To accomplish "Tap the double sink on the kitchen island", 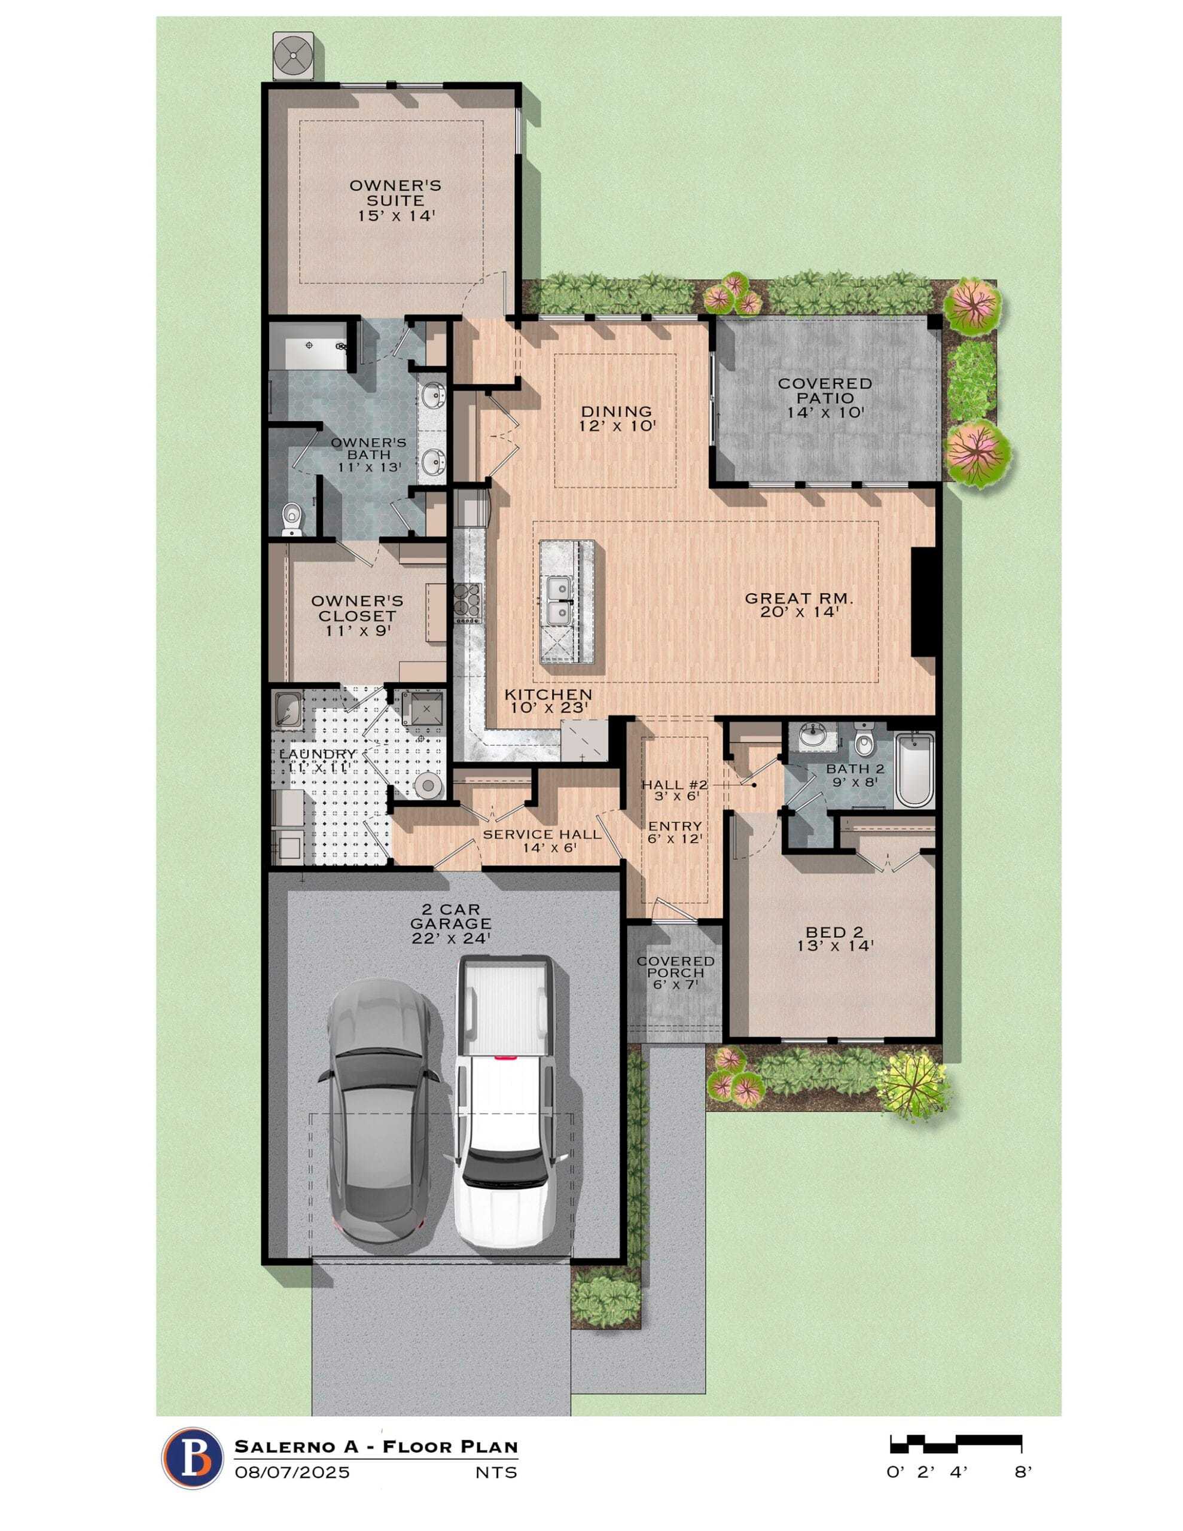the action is coord(558,600).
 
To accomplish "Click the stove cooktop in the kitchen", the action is coord(468,603).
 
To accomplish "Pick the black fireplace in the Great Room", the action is coord(922,602).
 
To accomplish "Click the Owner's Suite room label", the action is coord(395,200).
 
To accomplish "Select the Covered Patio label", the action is coord(825,398).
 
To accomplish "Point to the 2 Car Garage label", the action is coord(450,924).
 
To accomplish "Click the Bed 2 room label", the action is coord(834,939).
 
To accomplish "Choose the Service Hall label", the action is coord(541,840).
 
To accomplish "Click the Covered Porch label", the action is coord(675,972).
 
